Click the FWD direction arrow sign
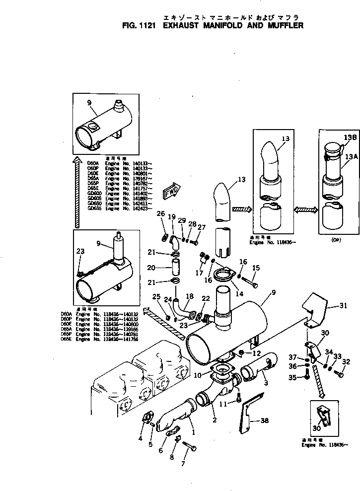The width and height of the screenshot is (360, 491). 171,192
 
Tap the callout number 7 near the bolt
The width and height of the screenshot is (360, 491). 183,464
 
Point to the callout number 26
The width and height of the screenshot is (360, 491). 160,213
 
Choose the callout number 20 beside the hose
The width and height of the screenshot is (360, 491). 151,268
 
